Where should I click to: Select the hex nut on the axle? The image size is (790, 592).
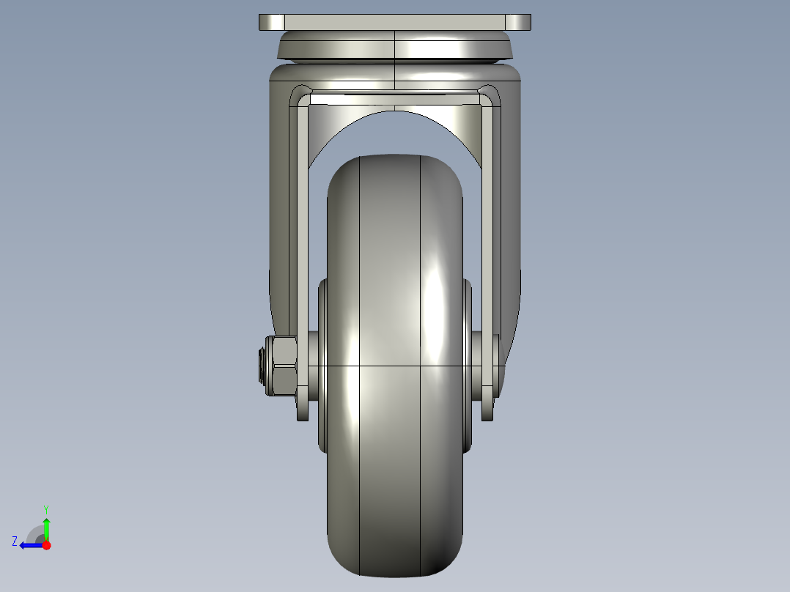coord(283,366)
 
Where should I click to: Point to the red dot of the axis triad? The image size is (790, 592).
coord(46,545)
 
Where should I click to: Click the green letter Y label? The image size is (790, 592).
coord(46,508)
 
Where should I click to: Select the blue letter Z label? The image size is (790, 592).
coord(15,541)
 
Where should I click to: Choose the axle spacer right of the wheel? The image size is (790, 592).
coord(477,365)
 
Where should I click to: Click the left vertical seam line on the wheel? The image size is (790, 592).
coord(360,293)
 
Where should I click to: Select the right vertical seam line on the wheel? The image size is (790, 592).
coord(419,293)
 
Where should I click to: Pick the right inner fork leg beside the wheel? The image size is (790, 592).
coord(488,220)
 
